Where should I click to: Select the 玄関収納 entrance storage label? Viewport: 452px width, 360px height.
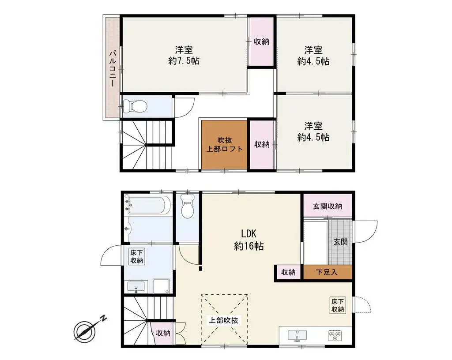tap(328, 206)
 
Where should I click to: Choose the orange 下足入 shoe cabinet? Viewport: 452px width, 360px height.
tap(328, 272)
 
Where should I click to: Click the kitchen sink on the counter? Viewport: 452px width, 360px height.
tap(298, 335)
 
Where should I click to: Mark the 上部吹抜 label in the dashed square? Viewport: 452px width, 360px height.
tap(224, 320)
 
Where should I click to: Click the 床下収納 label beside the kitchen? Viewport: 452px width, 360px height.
tap(338, 305)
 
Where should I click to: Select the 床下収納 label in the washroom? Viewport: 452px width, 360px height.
tap(136, 257)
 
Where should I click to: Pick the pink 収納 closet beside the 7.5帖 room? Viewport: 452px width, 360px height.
tap(261, 41)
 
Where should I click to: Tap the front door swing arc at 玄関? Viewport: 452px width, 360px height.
tap(368, 230)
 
